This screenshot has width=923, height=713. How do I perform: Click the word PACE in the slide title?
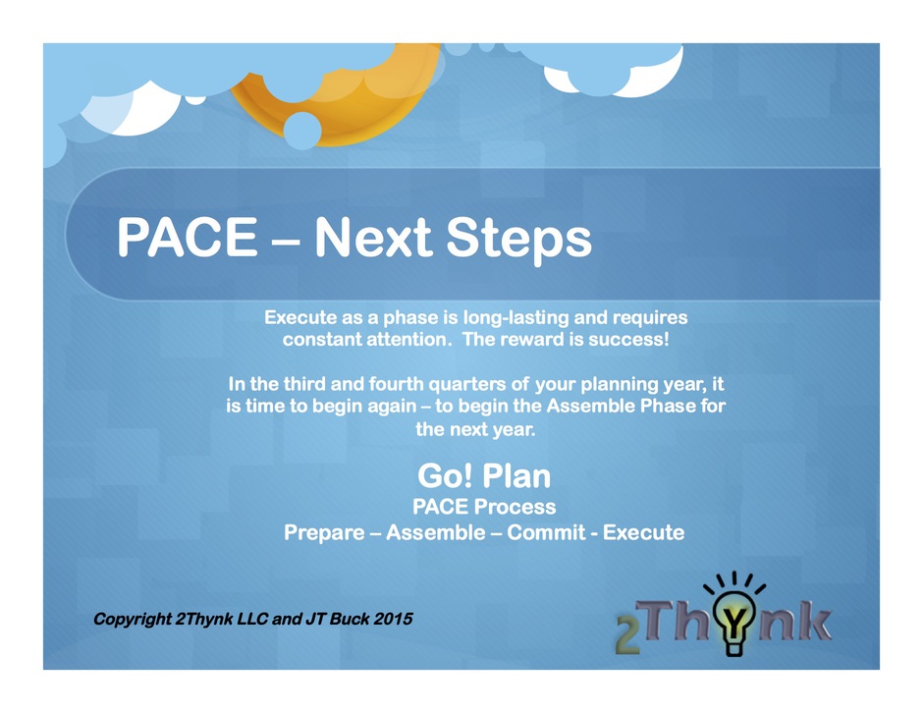tap(188, 237)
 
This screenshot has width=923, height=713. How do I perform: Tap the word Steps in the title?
tap(518, 241)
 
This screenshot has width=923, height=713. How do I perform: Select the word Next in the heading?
tap(374, 237)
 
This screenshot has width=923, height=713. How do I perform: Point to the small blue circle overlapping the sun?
tap(302, 131)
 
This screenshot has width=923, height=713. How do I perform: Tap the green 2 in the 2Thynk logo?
tap(627, 634)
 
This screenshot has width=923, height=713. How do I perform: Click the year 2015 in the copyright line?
tap(393, 619)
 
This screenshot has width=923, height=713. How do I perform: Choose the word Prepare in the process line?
tap(324, 533)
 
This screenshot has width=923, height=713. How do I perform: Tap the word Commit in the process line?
tap(546, 532)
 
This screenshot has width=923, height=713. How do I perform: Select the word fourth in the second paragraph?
tap(396, 384)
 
